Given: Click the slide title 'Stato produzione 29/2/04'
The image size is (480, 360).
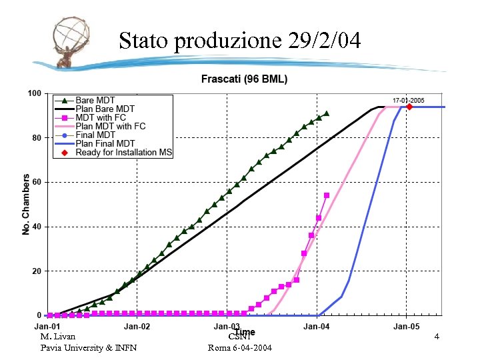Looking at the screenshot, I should [240, 41].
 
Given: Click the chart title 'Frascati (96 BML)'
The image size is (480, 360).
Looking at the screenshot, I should [245, 79].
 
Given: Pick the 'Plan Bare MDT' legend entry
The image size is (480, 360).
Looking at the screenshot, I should [105, 109].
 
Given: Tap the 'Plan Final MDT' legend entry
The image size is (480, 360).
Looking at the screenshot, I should [105, 143].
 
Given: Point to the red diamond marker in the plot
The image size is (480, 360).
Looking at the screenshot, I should [409, 107].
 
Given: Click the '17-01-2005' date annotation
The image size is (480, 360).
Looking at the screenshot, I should [409, 100].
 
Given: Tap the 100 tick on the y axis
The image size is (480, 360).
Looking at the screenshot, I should [33, 93].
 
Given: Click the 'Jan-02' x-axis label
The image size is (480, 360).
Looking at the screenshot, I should [137, 327].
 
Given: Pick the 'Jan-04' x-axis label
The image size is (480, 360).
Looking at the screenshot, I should [316, 327].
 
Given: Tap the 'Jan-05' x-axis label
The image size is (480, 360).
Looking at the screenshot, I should [406, 327].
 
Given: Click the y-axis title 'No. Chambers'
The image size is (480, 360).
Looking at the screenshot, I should [27, 204].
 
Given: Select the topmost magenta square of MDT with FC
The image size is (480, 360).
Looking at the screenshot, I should [327, 195].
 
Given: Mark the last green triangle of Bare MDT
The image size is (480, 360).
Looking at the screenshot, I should [326, 113].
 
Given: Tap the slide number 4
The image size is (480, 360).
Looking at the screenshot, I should [437, 337].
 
